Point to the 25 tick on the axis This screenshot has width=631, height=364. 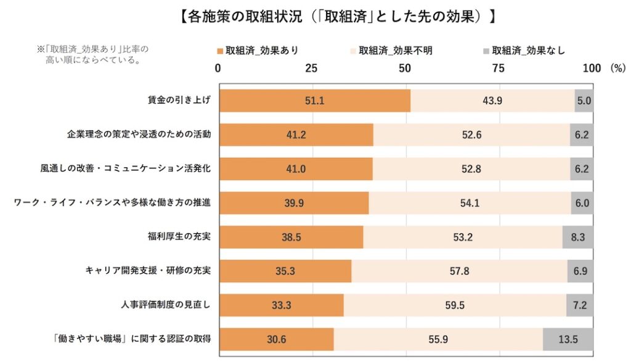click(x=312, y=68)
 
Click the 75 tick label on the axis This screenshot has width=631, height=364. click(x=498, y=68)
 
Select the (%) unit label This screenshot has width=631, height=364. click(x=617, y=68)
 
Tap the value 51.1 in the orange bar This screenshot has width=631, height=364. click(x=314, y=101)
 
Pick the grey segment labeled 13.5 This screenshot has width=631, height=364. click(x=568, y=339)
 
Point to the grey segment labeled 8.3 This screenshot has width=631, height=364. click(x=577, y=237)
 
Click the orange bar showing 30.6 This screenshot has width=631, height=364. click(x=276, y=339)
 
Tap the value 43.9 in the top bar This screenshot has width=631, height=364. click(x=493, y=101)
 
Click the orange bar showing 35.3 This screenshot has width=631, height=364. click(x=285, y=271)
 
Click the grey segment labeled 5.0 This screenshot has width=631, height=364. click(x=584, y=101)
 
